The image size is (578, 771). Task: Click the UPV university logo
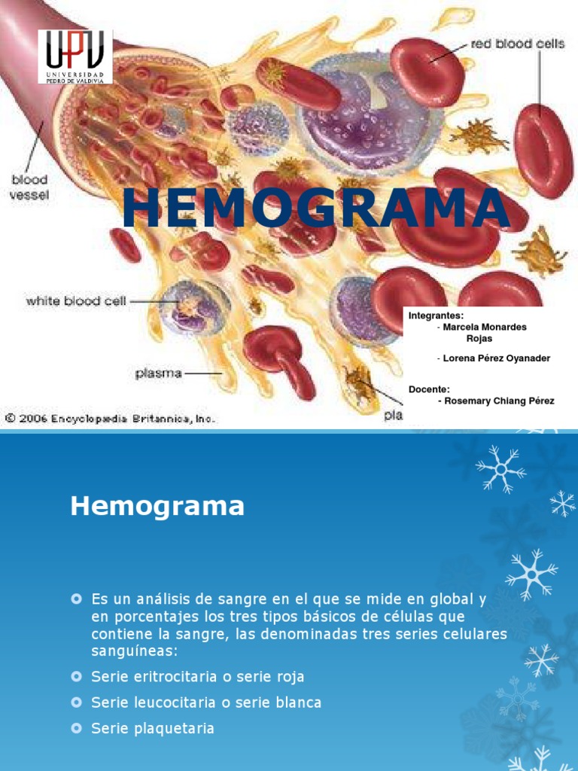(75, 56)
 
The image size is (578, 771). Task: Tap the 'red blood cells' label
(517, 44)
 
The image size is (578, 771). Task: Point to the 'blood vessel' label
(29, 186)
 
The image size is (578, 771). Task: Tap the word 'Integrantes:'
(436, 315)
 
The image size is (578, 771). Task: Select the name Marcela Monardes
(485, 327)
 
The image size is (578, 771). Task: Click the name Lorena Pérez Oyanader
(496, 358)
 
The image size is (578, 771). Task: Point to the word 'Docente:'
(429, 389)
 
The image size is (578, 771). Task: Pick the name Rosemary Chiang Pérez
(498, 401)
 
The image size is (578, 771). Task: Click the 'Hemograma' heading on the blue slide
(157, 506)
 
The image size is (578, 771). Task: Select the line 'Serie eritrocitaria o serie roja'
(198, 677)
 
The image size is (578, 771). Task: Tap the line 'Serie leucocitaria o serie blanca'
(206, 702)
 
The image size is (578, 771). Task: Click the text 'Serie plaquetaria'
(153, 728)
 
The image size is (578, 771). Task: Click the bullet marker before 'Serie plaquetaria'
(76, 728)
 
